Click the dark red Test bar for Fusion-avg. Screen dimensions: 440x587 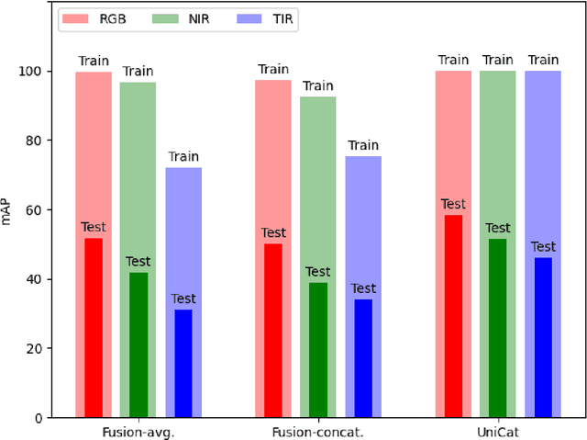point(94,328)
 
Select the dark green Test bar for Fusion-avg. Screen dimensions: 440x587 point(138,345)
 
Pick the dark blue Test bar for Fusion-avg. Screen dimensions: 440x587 point(183,364)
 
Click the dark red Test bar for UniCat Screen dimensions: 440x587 point(452,316)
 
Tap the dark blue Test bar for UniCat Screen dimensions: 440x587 point(543,337)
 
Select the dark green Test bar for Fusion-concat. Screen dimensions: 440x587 point(317,350)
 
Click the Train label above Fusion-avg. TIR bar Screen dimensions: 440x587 point(183,157)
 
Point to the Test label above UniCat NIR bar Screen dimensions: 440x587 point(497,228)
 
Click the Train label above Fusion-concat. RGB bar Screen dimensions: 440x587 point(273,69)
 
